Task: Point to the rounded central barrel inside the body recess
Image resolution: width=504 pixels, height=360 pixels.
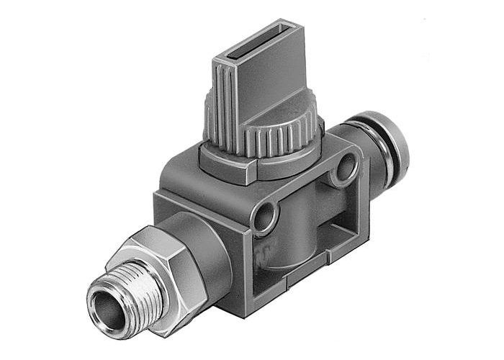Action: coord(302,230)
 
